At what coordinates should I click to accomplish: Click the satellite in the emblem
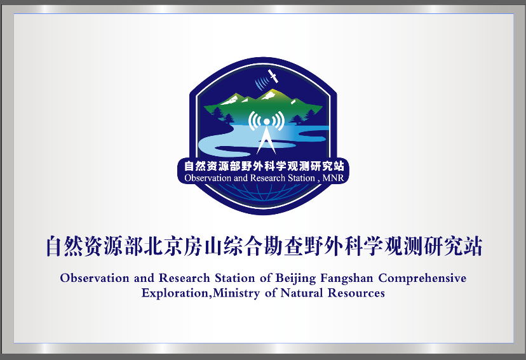tap(273, 76)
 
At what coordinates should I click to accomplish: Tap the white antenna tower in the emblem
tap(266, 136)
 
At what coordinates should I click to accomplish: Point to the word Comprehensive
tap(422, 278)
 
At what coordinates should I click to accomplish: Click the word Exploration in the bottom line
tap(175, 293)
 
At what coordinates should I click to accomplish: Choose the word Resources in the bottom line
tap(356, 293)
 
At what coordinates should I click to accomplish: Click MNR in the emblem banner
tap(333, 178)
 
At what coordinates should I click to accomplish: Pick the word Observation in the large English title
tap(95, 278)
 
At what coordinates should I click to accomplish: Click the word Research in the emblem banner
tap(267, 178)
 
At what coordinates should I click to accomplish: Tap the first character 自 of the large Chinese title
tap(55, 246)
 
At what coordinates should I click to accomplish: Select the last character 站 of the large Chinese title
tap(473, 246)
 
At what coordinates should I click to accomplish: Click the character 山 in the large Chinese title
tap(213, 246)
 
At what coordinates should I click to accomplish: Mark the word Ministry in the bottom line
tap(236, 293)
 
